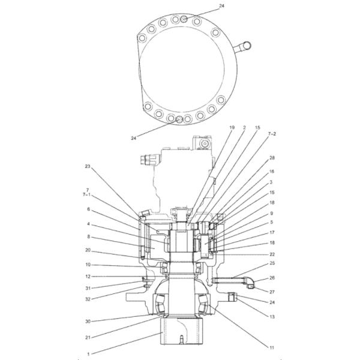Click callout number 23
click(x=88, y=166)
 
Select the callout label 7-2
click(x=272, y=134)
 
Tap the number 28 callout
click(x=272, y=158)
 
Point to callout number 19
click(x=232, y=127)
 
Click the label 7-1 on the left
click(x=86, y=194)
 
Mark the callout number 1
click(x=88, y=354)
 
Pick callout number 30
click(x=88, y=322)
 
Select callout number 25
click(x=272, y=263)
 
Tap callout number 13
click(x=272, y=317)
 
